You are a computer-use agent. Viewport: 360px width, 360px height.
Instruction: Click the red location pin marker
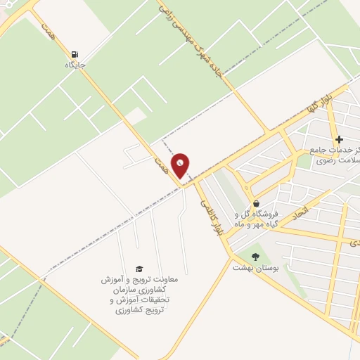pos(181,166)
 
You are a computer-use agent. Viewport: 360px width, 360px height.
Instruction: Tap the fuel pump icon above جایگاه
pos(75,53)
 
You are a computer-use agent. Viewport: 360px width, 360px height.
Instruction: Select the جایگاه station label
pos(75,65)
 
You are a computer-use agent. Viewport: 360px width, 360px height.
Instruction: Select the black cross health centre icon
pos(339,139)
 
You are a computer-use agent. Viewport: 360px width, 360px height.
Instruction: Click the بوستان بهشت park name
pos(255,268)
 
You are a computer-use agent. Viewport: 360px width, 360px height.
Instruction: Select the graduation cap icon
pos(139,269)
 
